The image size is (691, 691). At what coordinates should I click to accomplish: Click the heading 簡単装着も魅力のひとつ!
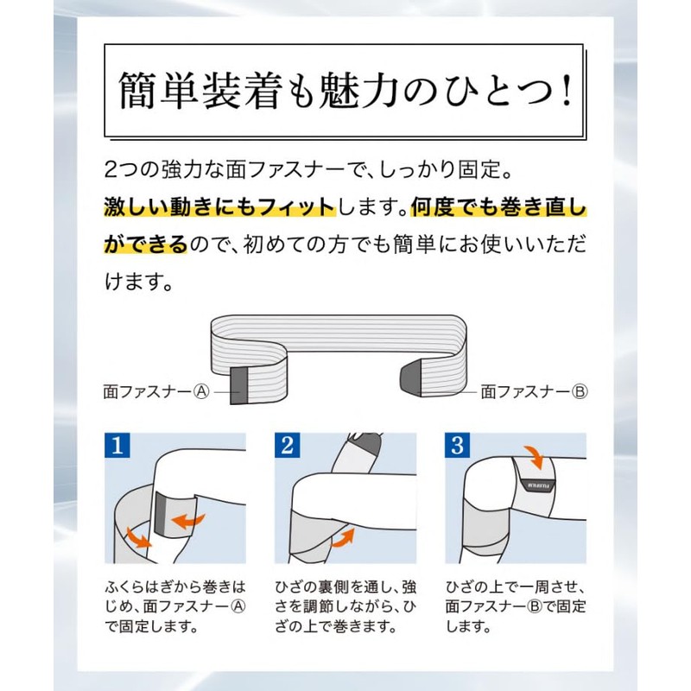(x=345, y=89)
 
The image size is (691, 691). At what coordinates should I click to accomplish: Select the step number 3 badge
(x=458, y=447)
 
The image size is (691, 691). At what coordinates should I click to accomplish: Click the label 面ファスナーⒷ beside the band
(x=534, y=390)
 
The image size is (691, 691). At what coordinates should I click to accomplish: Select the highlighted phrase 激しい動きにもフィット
(x=219, y=207)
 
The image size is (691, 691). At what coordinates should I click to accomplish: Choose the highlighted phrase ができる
(x=145, y=244)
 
